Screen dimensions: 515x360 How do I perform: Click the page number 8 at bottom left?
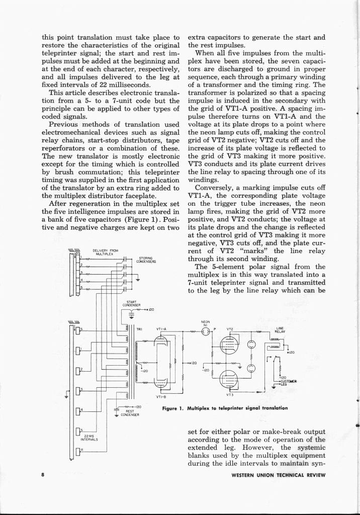pyautogui.click(x=43, y=474)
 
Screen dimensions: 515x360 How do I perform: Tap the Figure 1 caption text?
pyautogui.click(x=225, y=408)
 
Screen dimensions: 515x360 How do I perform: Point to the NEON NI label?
pyautogui.click(x=205, y=323)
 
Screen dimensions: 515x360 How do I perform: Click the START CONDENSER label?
pyautogui.click(x=130, y=304)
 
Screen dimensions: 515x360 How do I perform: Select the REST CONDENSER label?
pyautogui.click(x=130, y=413)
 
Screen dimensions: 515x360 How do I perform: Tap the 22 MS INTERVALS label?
pyautogui.click(x=91, y=437)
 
